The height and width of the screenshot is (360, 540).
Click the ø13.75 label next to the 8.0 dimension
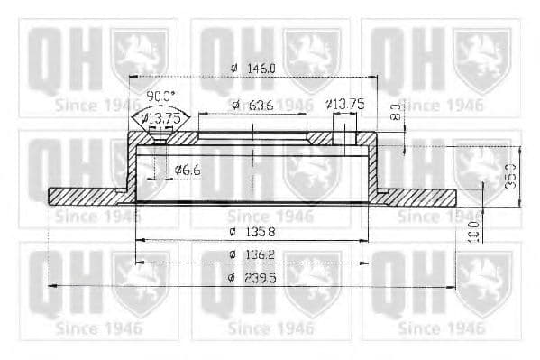click(345, 105)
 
